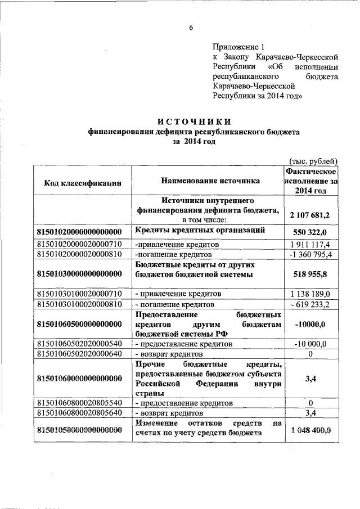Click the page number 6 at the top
click(x=191, y=28)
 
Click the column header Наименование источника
click(x=210, y=181)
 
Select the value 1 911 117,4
click(x=310, y=245)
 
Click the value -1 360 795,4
click(x=310, y=255)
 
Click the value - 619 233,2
click(x=310, y=304)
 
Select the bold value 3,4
click(x=310, y=379)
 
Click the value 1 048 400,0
click(x=310, y=430)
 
